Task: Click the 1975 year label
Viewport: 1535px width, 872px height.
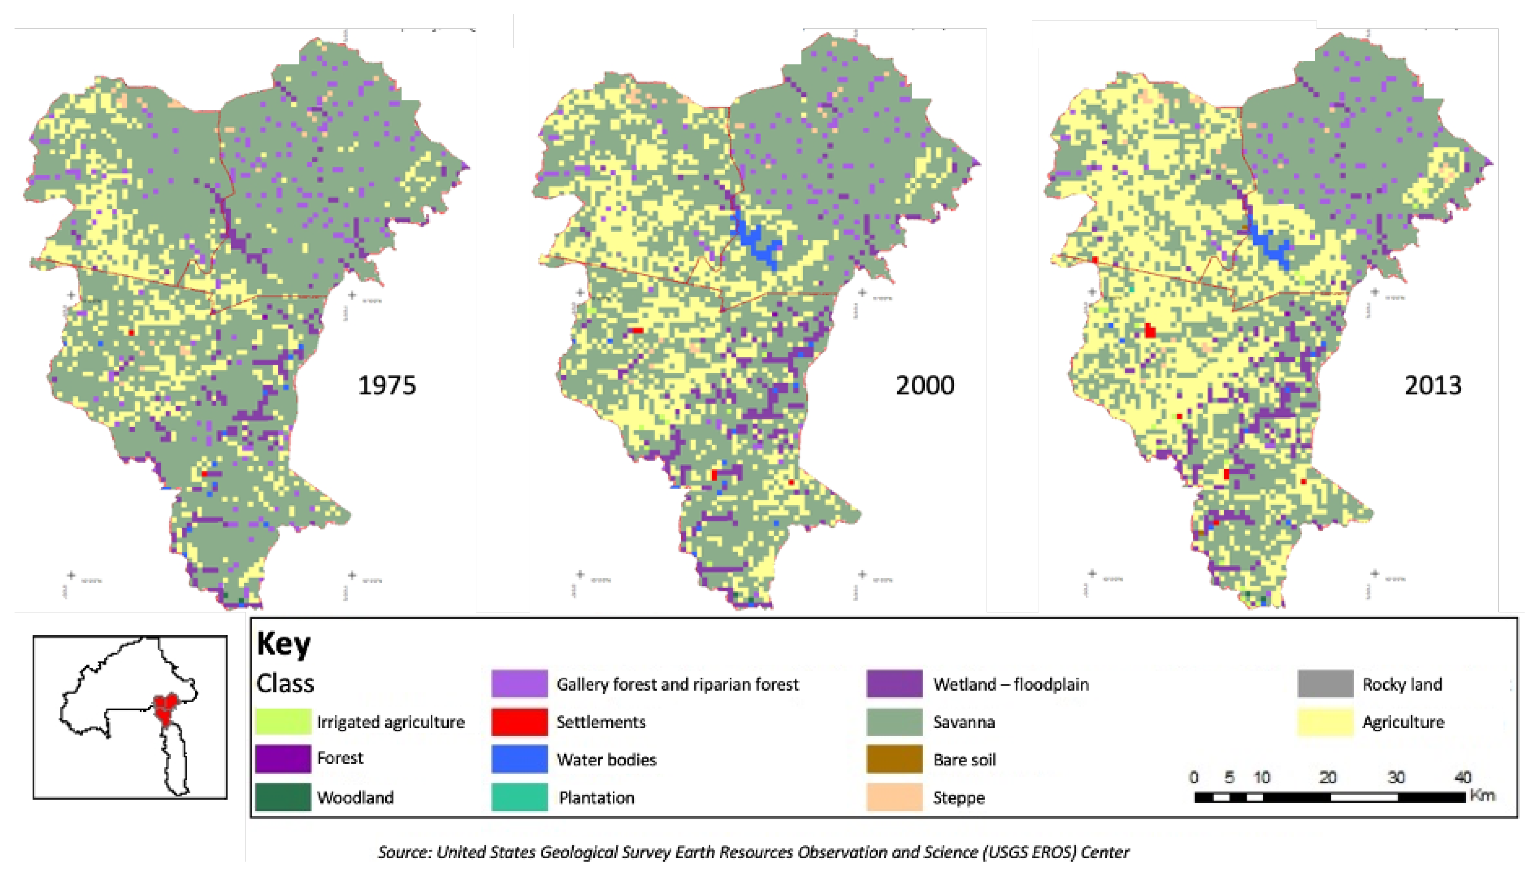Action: point(387,385)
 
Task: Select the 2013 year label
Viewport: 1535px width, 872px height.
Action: point(1433,385)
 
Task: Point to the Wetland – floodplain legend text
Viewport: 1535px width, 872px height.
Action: point(1011,684)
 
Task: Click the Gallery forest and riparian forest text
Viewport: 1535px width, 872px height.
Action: point(677,684)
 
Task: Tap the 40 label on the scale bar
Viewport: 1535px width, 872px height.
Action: point(1463,777)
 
